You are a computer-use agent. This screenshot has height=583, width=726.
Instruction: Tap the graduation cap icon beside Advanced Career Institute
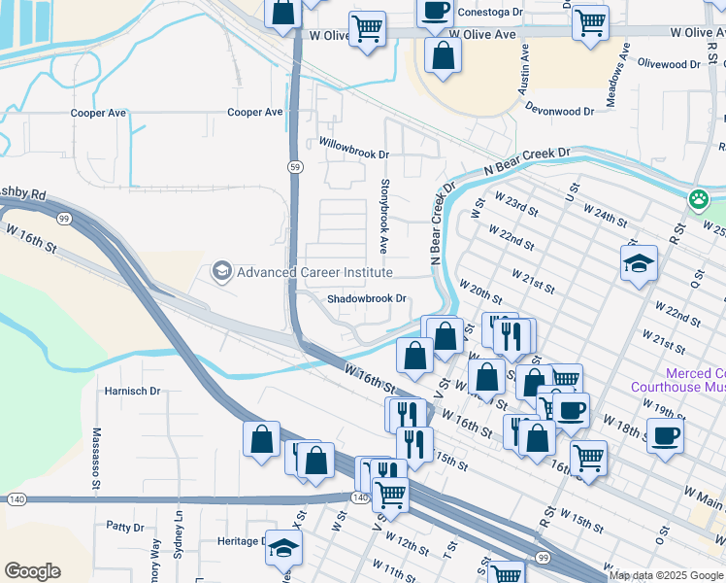pos(222,271)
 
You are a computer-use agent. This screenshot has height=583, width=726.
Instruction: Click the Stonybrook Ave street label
pos(384,210)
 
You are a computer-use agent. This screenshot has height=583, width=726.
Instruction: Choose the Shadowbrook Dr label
pos(365,299)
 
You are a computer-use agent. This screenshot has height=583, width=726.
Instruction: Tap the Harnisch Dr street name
pos(132,391)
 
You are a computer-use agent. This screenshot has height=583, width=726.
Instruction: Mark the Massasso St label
pos(97,457)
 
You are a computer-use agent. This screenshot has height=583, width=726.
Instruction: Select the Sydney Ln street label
pos(179,535)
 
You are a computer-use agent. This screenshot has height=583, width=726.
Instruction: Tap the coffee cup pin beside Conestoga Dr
pos(435,12)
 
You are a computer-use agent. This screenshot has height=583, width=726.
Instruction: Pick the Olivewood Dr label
pos(668,64)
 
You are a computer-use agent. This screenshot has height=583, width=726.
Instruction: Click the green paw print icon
pos(698,199)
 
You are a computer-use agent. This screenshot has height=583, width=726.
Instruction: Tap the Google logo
pos(32,571)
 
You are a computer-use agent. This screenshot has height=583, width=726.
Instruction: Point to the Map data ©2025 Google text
pos(666,575)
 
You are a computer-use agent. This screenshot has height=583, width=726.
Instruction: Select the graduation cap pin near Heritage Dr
pos(283,549)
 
